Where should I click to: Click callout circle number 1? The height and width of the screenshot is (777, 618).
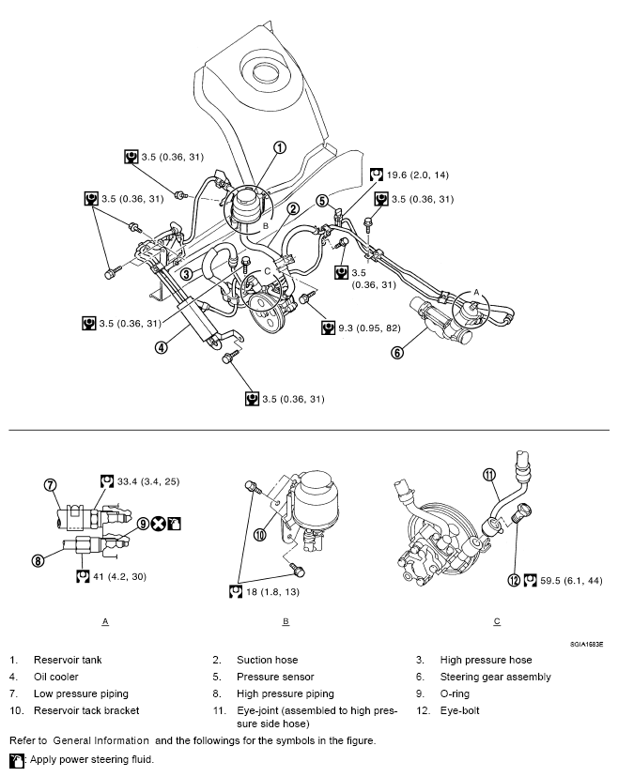click(x=279, y=147)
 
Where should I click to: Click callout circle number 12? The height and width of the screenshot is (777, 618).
click(x=514, y=580)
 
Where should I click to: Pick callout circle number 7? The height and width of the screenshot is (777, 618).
click(x=50, y=485)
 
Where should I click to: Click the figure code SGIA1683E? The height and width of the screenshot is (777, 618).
click(x=585, y=645)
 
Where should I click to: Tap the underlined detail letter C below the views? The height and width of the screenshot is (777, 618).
click(x=497, y=621)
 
